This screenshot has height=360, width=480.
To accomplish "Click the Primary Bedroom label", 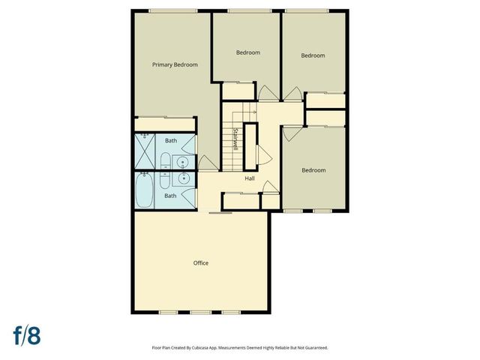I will (x=175, y=65).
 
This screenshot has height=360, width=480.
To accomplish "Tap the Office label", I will (x=200, y=263).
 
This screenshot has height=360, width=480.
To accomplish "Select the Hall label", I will (x=250, y=178).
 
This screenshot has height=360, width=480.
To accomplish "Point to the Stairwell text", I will (x=235, y=139).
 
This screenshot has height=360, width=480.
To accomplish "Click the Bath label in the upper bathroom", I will (x=171, y=140).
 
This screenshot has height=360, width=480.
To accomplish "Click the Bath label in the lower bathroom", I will (x=171, y=196).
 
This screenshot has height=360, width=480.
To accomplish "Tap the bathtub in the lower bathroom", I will (x=144, y=191).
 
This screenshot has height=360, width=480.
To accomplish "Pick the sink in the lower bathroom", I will (x=182, y=178).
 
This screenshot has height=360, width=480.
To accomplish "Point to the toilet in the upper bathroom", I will (x=164, y=160).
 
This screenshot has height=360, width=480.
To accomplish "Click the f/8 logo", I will (x=25, y=334).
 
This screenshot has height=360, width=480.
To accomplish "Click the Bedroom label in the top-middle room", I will (x=247, y=52).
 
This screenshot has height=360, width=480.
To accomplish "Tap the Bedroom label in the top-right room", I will (x=313, y=55).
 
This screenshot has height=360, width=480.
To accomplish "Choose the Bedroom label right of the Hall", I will (x=313, y=170).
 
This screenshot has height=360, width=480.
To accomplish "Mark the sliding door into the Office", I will (x=220, y=213).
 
